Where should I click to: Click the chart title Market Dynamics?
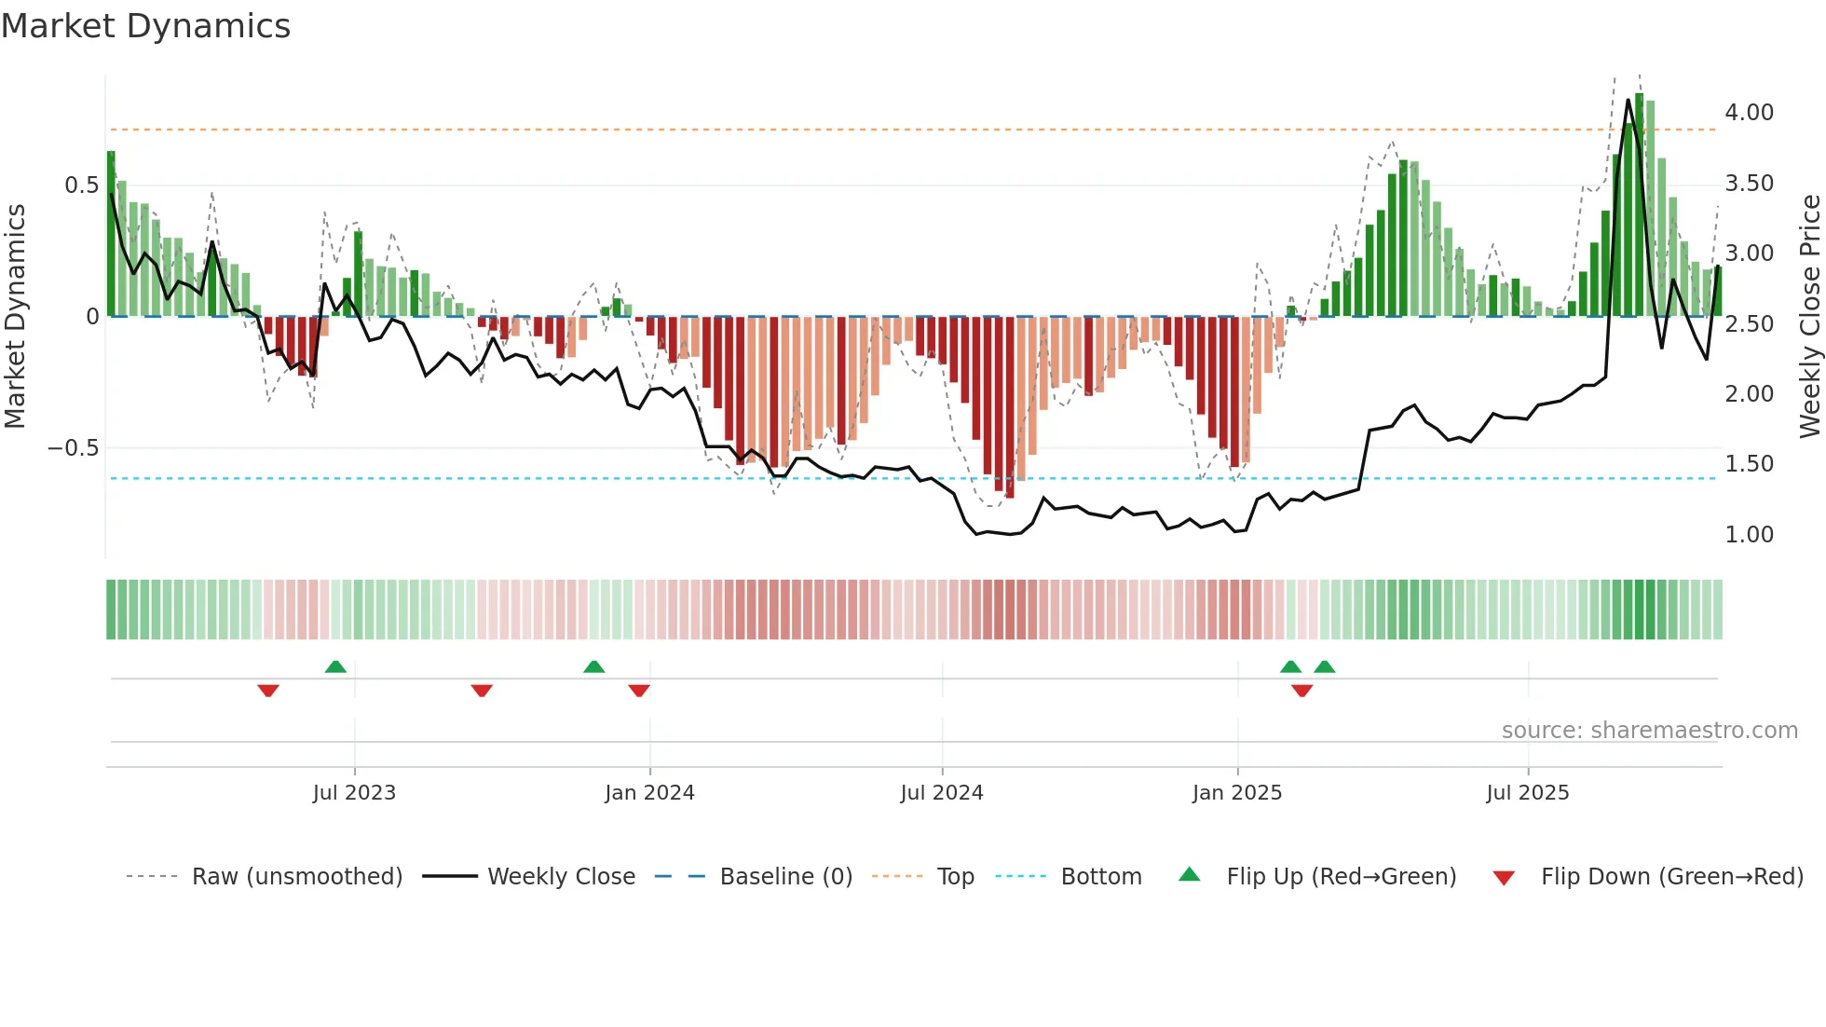point(145,26)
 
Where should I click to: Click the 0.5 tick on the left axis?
point(81,185)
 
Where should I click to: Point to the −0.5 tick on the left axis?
point(74,448)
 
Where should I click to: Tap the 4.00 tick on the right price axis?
point(1749,112)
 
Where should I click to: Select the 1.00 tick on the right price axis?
point(1749,534)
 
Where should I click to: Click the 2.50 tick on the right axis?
point(1749,323)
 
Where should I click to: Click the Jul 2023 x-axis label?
point(354,792)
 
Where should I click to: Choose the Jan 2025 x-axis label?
point(1237,792)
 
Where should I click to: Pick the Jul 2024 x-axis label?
point(942,792)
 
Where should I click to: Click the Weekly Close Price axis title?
point(1809,316)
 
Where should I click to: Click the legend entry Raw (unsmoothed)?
point(296,876)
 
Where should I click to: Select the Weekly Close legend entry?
point(561,876)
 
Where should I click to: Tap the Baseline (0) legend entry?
point(785,876)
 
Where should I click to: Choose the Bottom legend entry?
point(1100,876)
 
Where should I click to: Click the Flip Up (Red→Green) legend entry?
point(1341,876)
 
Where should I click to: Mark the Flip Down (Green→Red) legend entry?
point(1671,876)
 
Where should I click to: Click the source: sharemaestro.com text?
point(1649,730)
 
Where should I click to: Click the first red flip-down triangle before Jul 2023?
point(268,691)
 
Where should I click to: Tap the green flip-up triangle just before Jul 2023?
point(335,666)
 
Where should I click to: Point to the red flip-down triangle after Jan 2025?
point(1302,691)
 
